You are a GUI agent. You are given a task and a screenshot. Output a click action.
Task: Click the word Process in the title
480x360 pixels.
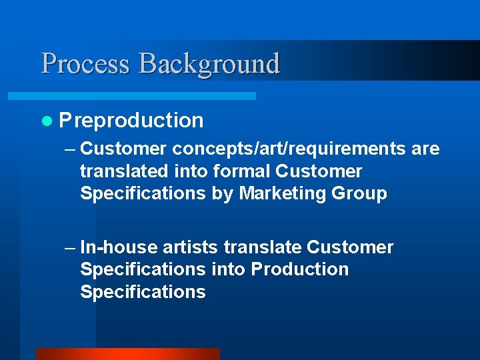[x=85, y=64]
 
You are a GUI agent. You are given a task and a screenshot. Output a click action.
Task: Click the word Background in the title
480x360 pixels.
[x=209, y=64]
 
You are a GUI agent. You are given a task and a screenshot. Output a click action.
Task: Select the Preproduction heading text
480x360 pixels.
[x=131, y=121]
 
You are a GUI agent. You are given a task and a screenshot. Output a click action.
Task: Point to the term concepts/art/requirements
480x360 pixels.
[x=289, y=149]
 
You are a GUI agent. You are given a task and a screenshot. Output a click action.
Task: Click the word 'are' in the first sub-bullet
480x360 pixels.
[x=425, y=149]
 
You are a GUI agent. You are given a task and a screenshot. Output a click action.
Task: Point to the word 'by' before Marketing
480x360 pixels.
[x=222, y=194]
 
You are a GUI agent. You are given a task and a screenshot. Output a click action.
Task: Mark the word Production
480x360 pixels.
[x=299, y=269]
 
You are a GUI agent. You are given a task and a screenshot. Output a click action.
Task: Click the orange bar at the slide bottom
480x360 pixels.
[x=127, y=354]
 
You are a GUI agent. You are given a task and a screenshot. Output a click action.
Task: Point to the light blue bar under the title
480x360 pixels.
[x=147, y=96]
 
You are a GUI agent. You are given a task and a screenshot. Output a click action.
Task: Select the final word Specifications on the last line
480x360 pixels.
[x=143, y=292]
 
